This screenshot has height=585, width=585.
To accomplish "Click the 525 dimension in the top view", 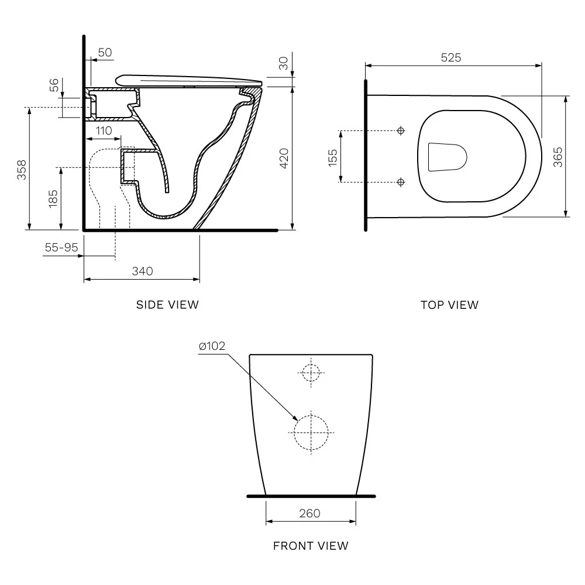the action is point(450,57).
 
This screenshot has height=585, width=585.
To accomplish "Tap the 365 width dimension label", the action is point(558,157).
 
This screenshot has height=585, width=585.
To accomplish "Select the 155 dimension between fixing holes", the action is point(332,157).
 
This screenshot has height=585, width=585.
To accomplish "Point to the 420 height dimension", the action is point(284,158).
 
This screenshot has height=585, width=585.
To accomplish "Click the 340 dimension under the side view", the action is point(143,271).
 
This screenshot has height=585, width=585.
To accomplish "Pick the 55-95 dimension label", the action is point(61,247).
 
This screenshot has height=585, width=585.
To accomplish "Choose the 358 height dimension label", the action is point(22,170).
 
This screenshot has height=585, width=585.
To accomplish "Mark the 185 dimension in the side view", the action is point(53,198).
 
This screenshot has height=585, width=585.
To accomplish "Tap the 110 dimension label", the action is point(104,130).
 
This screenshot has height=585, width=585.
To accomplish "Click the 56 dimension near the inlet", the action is point(54,85).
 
